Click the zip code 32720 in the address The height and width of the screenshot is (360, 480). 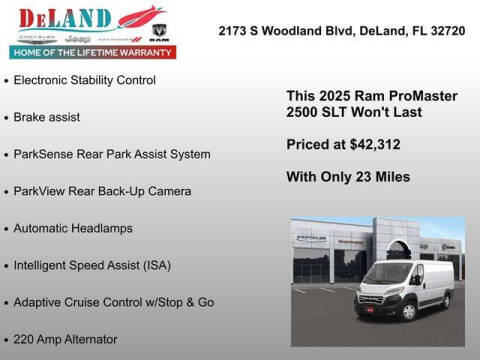[x=446, y=31]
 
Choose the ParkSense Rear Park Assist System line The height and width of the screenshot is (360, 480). [x=112, y=154]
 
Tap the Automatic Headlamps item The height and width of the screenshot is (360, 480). [x=73, y=228]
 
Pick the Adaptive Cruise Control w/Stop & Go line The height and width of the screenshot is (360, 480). [x=114, y=302]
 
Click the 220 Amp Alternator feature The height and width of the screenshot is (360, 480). [x=66, y=339]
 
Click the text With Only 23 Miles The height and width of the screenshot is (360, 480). [x=348, y=177]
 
